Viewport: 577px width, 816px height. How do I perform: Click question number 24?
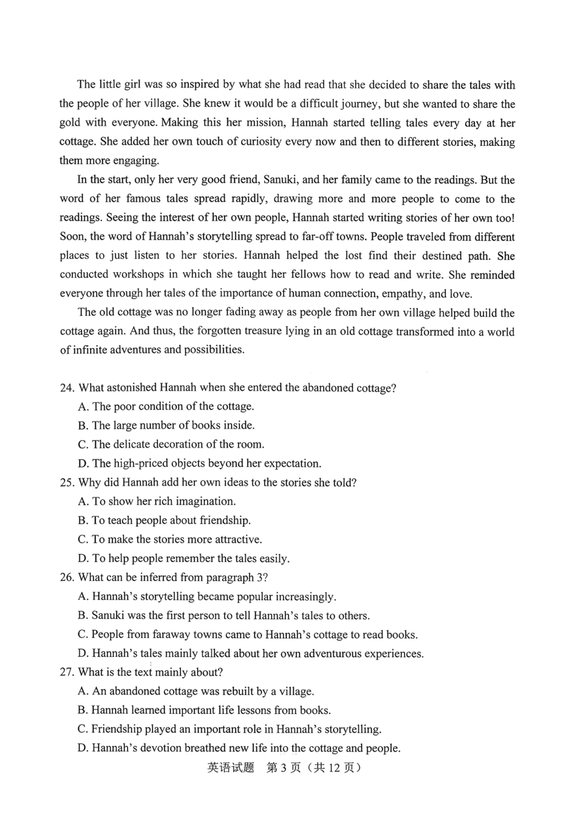pos(67,388)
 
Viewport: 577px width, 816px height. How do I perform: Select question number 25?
pos(67,482)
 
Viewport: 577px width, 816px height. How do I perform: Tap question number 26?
pos(67,577)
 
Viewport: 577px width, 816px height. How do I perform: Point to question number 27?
pos(67,672)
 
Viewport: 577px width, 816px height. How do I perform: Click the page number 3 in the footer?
pos(284,767)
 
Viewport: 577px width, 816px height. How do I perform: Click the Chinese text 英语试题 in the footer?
pos(231,767)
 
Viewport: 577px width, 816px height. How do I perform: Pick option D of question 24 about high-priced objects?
pos(207,464)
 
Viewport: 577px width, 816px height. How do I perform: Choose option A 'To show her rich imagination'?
pos(164,501)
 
